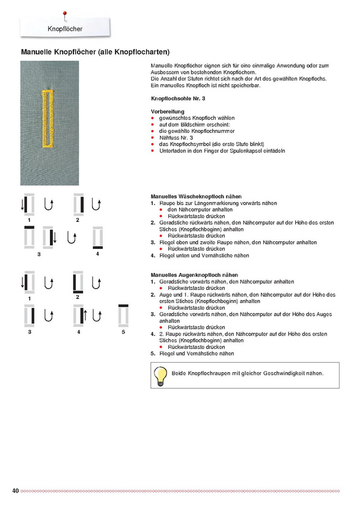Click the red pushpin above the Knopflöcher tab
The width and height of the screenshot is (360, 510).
[x=65, y=15]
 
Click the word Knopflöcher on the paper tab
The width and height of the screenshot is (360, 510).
[x=65, y=29]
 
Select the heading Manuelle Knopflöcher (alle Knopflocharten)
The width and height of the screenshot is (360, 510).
[x=95, y=52]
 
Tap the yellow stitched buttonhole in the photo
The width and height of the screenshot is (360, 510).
[x=48, y=119]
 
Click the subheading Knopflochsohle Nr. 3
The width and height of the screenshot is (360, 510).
[x=178, y=99]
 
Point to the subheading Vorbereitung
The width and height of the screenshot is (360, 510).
[x=168, y=112]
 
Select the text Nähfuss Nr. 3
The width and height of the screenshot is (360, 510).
[x=175, y=138]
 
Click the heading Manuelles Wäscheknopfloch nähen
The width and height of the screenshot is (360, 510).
[x=197, y=197]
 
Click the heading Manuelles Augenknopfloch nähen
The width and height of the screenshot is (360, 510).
[x=195, y=275]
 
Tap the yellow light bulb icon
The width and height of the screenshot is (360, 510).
[x=160, y=376]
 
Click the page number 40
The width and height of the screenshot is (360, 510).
[x=16, y=491]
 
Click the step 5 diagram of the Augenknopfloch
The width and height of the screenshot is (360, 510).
[x=123, y=315]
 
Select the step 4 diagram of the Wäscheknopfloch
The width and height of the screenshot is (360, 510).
[x=98, y=238]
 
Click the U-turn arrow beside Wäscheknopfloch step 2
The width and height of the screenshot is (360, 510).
[x=96, y=204]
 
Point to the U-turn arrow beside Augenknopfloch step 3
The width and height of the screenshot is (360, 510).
[x=49, y=316]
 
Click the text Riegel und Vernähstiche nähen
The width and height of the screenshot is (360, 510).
[x=197, y=354]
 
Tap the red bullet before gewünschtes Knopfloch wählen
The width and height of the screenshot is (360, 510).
[x=153, y=118]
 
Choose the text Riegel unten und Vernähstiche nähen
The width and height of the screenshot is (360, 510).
[x=204, y=256]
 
